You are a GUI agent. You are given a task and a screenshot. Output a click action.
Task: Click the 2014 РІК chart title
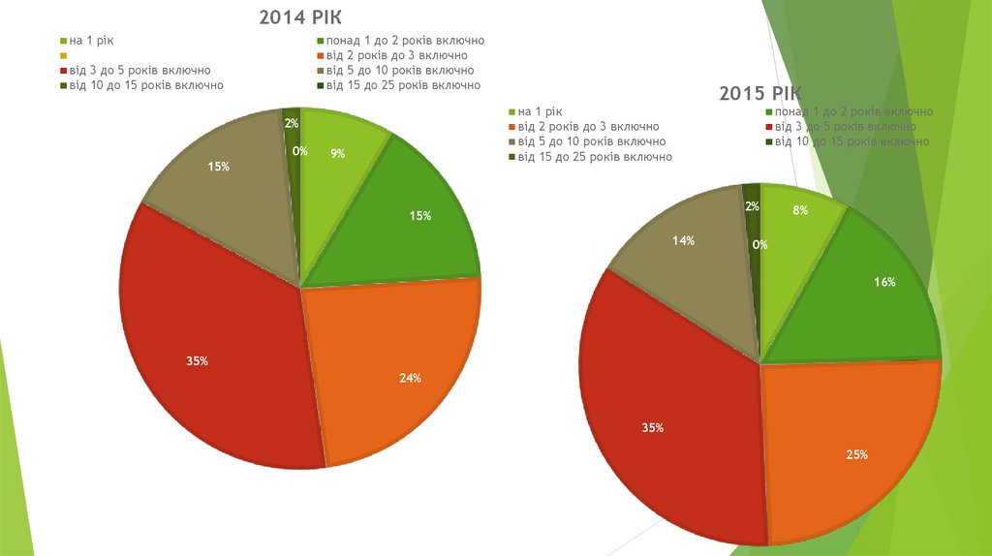pos(300,17)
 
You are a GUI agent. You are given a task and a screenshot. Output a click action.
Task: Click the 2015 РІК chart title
pos(759,93)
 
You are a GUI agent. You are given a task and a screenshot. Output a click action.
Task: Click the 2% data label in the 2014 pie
pos(291,123)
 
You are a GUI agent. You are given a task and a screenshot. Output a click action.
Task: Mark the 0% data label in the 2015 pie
pos(760,245)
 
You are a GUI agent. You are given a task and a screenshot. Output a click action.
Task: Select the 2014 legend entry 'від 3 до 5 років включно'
pos(139,71)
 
